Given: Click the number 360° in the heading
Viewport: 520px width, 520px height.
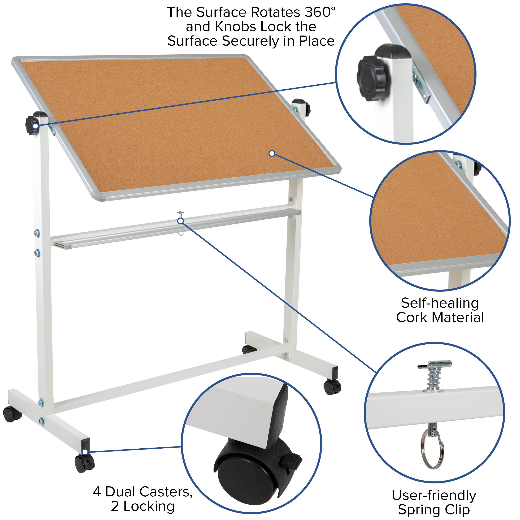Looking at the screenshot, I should [320, 12].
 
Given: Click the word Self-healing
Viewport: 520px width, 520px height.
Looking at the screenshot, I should [440, 303].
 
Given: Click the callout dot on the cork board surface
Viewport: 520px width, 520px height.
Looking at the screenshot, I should [272, 153].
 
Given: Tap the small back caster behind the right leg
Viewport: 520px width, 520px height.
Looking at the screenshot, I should [248, 350].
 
